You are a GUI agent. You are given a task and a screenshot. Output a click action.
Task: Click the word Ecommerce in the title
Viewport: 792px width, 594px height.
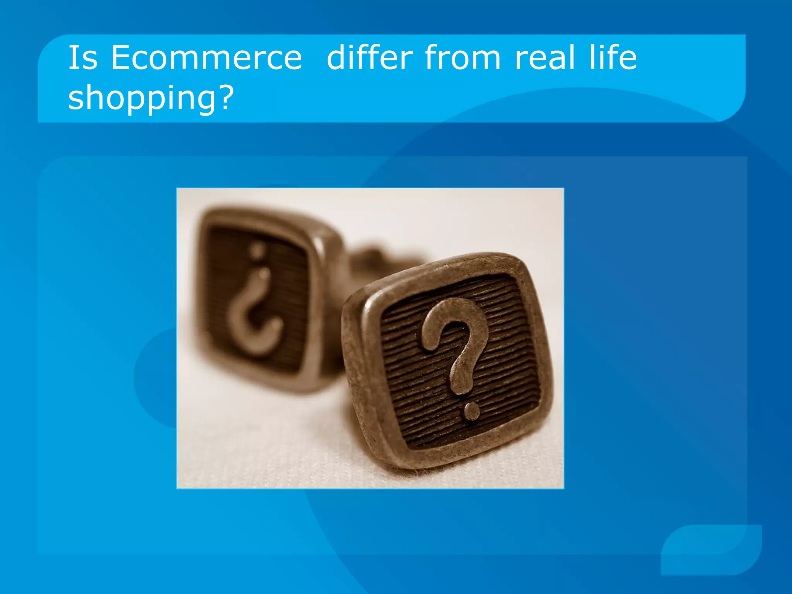(x=206, y=58)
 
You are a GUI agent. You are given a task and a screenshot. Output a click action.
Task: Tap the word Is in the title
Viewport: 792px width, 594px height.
(x=83, y=58)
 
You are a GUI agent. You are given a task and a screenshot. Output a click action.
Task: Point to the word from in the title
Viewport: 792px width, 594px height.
(x=463, y=58)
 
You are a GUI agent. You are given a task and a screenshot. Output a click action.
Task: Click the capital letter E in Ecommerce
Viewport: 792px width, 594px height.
(x=121, y=58)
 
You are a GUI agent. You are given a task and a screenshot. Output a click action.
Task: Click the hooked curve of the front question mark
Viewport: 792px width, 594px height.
(x=452, y=321)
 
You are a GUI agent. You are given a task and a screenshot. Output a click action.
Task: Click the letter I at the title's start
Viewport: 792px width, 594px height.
(x=72, y=58)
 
